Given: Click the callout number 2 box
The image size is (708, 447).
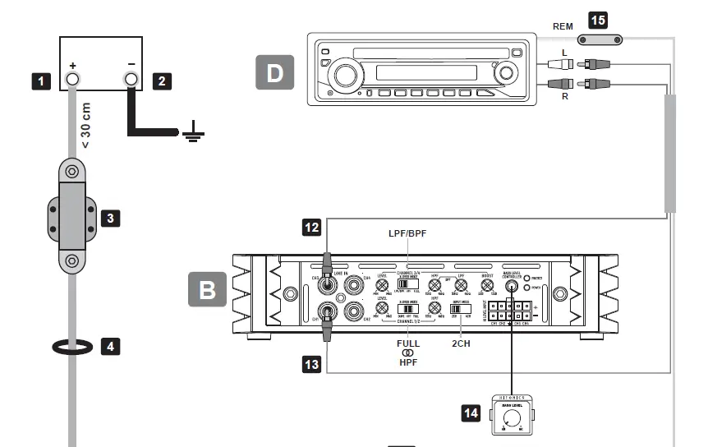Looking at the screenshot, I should click(x=162, y=81).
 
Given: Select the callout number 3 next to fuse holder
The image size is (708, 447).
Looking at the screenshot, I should click(x=111, y=218).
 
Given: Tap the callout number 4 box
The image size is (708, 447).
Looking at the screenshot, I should click(x=111, y=346).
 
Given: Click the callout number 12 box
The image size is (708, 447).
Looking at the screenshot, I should click(x=312, y=228).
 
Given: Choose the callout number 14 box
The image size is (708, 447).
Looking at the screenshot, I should click(x=471, y=412).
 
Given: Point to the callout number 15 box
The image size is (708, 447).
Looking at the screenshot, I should click(x=599, y=18).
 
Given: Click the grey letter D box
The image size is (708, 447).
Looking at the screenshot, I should click(x=275, y=71).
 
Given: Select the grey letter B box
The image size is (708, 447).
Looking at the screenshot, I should click(x=208, y=291).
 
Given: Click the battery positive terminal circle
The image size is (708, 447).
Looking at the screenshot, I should click(x=71, y=80).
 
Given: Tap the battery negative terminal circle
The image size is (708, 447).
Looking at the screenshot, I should click(x=131, y=80).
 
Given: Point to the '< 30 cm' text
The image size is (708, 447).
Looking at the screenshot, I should click(x=85, y=122).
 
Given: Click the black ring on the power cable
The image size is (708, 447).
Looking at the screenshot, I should click(x=71, y=347).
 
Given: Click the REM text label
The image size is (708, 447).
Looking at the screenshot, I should click(x=563, y=26).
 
